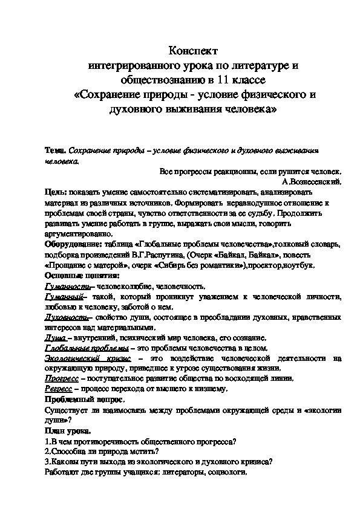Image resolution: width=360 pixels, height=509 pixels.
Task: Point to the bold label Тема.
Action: click(x=56, y=149)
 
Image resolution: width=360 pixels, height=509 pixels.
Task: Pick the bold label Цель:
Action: click(x=56, y=190)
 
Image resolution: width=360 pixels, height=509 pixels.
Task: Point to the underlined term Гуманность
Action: click(x=65, y=286)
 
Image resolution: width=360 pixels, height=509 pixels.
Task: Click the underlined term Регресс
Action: click(x=59, y=389)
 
